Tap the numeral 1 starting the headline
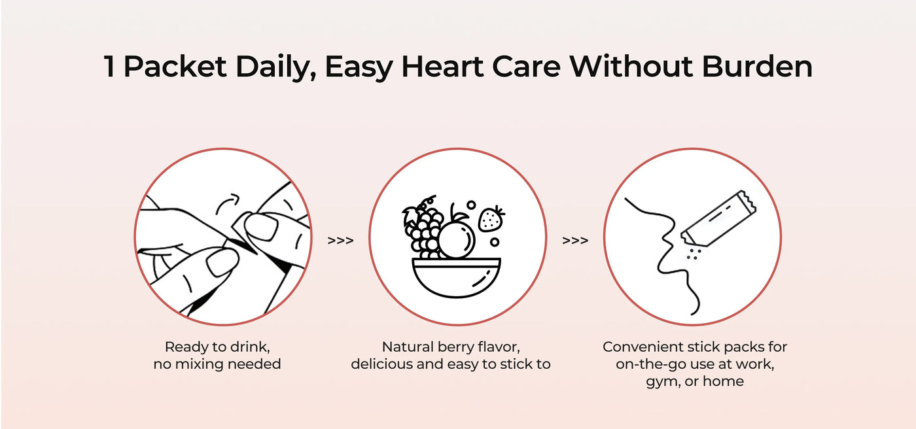(109, 66)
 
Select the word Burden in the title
(757, 66)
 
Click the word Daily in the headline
(275, 67)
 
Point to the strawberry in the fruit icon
(491, 218)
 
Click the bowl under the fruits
(457, 277)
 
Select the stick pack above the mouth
(718, 218)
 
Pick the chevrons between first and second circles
(340, 240)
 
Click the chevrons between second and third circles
(575, 240)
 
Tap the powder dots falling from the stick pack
(693, 254)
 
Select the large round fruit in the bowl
(456, 240)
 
